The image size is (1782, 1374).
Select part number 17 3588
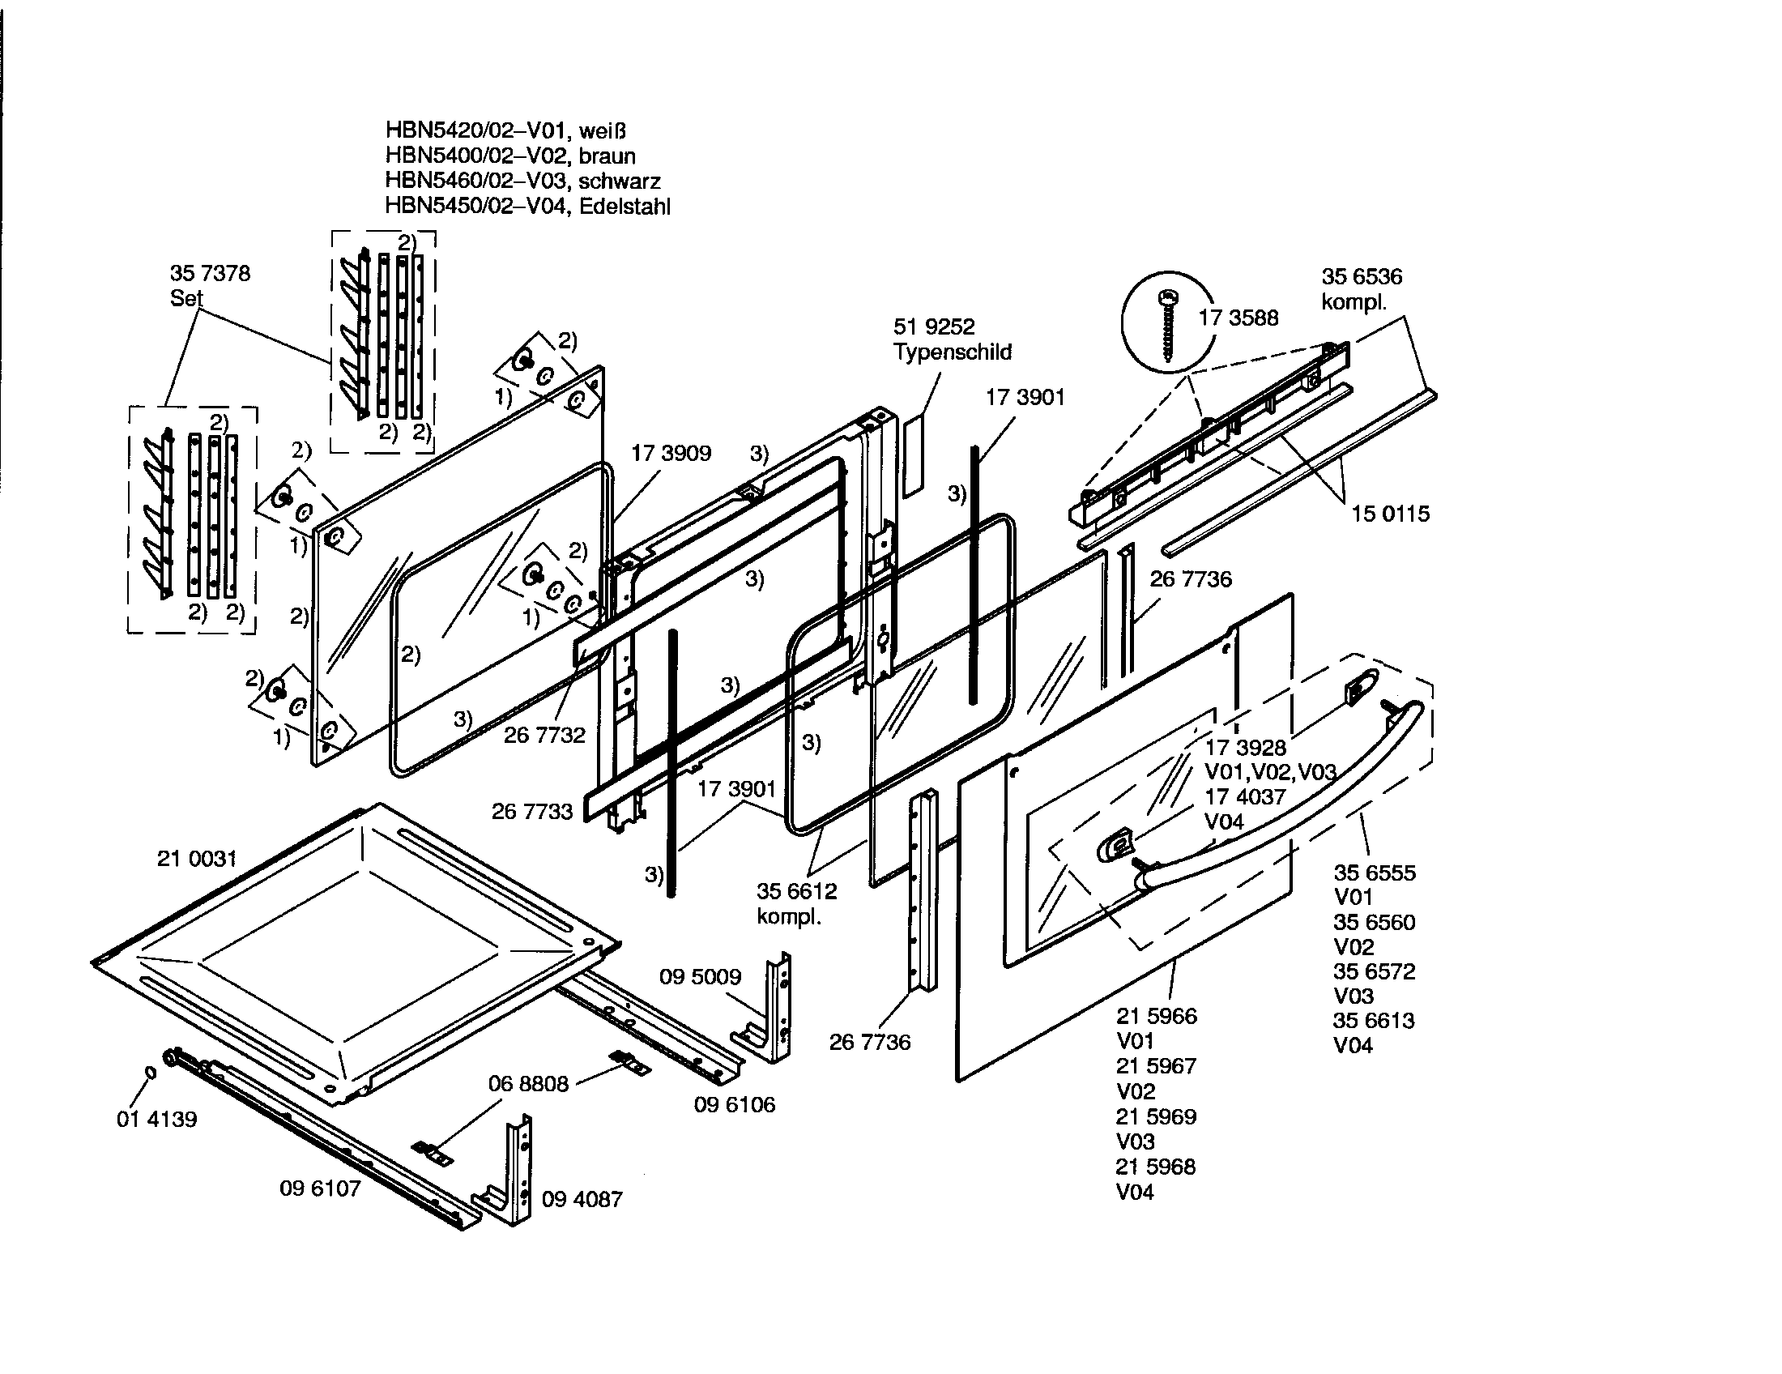[x=1238, y=318]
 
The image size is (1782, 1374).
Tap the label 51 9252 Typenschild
[x=952, y=339]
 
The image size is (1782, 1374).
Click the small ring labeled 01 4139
[x=150, y=1072]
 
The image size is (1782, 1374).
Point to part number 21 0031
[x=197, y=858]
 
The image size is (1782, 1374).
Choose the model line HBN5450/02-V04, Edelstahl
[x=527, y=207]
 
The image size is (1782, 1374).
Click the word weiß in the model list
[x=602, y=130]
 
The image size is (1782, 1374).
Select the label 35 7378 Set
[x=210, y=284]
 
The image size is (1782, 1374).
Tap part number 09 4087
[x=582, y=1199]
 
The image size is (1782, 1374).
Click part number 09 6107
[x=320, y=1188]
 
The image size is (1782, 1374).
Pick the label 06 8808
[x=528, y=1083]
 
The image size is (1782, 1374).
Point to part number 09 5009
[x=700, y=977]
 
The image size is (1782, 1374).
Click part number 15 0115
[x=1390, y=514]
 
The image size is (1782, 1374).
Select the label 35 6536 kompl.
[x=1361, y=289]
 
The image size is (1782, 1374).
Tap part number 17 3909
[x=671, y=453]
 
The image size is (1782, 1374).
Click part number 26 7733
[x=532, y=811]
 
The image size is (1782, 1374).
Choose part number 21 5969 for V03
[x=1156, y=1116]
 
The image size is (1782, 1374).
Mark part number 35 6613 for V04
[x=1373, y=1021]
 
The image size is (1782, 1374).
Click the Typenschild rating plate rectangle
[x=913, y=455]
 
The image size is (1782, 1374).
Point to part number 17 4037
[x=1245, y=796]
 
